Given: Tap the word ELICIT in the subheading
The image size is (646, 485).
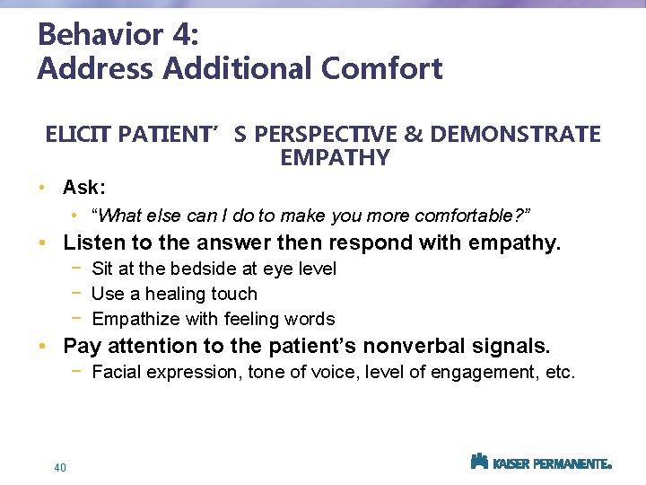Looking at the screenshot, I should (76, 135).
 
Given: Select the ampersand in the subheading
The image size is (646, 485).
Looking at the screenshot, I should (414, 135).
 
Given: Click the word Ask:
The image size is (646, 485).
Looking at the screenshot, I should (84, 188).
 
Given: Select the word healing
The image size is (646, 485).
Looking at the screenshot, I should (179, 294).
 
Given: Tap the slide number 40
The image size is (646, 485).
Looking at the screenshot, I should (60, 467).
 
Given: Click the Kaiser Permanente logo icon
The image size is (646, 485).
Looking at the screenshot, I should (479, 462).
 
